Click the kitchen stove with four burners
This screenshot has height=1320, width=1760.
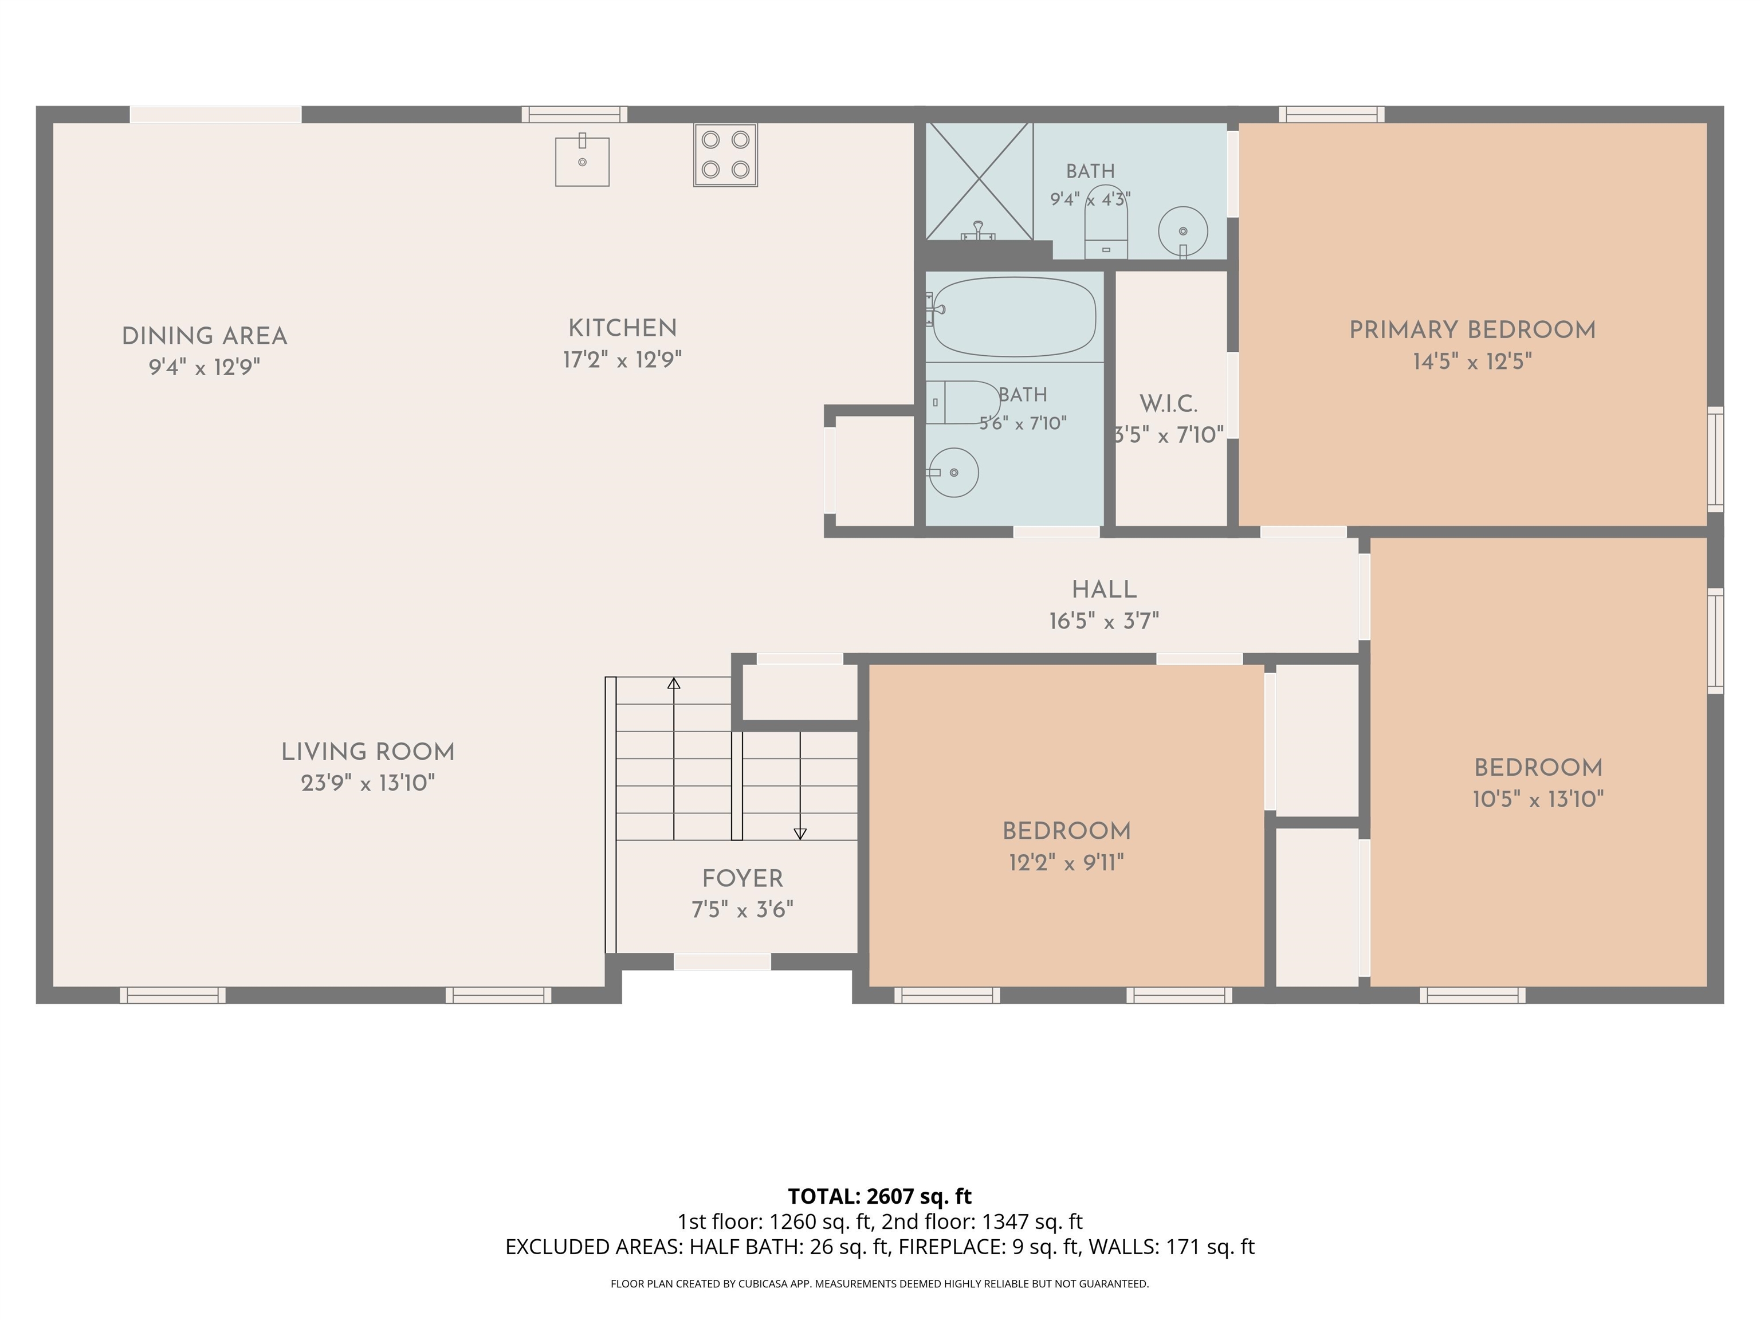(x=725, y=155)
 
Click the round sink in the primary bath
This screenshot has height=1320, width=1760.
(x=1183, y=231)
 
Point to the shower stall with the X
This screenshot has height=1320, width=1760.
(x=979, y=182)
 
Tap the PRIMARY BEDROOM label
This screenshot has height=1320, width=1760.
(x=1472, y=330)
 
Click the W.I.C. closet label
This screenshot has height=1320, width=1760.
(x=1168, y=404)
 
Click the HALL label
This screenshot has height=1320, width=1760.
(x=1103, y=590)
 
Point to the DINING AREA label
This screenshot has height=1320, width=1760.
(x=205, y=336)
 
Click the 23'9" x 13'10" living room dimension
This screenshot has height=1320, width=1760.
(x=368, y=784)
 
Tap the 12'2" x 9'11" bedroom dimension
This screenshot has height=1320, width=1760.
(x=1066, y=862)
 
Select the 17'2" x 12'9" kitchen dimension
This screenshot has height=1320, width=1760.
(x=622, y=360)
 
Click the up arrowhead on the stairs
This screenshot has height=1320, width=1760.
(x=674, y=683)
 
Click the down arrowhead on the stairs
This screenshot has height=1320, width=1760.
(x=800, y=834)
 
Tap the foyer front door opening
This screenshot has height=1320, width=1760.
(x=722, y=962)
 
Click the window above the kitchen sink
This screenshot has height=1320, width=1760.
(x=575, y=115)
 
